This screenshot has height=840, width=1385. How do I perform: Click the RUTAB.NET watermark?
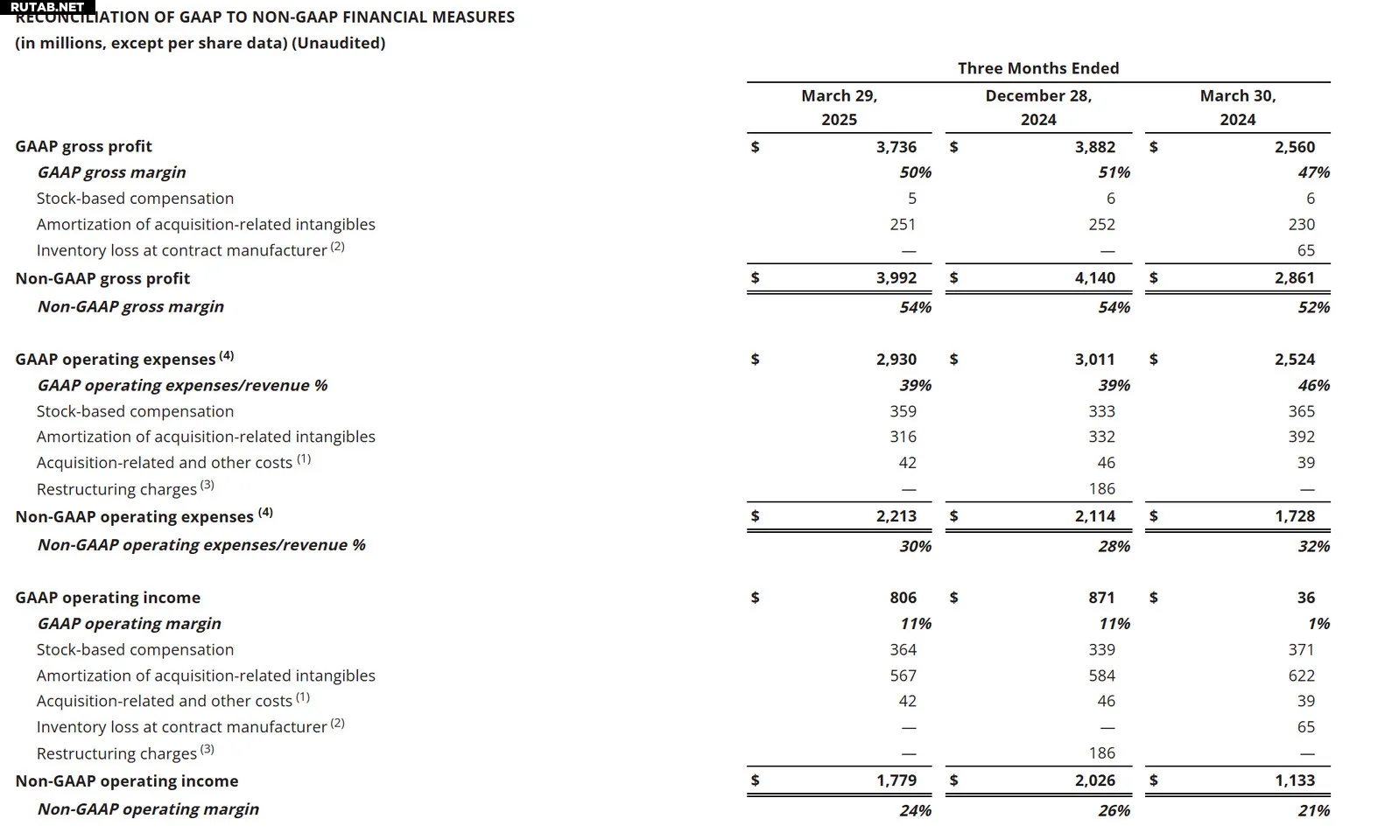click(47, 7)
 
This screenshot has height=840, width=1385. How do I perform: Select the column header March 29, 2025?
click(839, 108)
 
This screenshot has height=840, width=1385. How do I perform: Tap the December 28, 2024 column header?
click(1038, 108)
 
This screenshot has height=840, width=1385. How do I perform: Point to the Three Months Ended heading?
click(1038, 68)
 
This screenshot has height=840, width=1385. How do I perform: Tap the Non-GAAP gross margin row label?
click(130, 306)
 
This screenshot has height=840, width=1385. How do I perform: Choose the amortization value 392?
click(1301, 437)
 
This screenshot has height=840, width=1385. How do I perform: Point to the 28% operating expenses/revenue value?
click(1114, 546)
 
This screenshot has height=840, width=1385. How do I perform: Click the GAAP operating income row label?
click(108, 598)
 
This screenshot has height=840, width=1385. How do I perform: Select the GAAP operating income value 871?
click(1101, 598)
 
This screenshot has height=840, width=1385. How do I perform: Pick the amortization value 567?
click(903, 675)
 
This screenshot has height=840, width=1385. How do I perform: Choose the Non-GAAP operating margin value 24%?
click(915, 810)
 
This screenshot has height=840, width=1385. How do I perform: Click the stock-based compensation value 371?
click(1301, 649)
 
